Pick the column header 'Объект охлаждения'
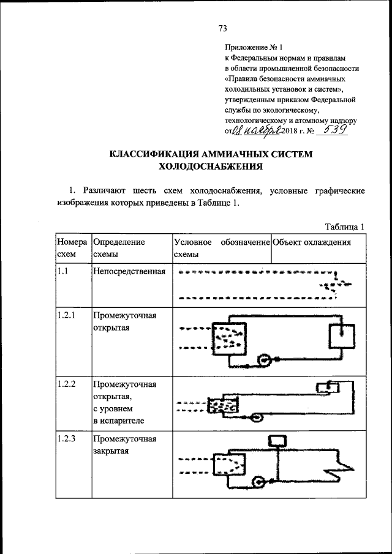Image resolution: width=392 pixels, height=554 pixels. [x=312, y=242]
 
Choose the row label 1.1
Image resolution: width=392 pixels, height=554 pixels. [x=62, y=271]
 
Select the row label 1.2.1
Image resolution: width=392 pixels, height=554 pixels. [x=65, y=315]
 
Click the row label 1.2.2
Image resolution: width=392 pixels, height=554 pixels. [x=65, y=384]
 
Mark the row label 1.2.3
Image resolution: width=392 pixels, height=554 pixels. [x=65, y=439]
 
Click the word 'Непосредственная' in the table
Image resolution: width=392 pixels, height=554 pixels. [x=129, y=271]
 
